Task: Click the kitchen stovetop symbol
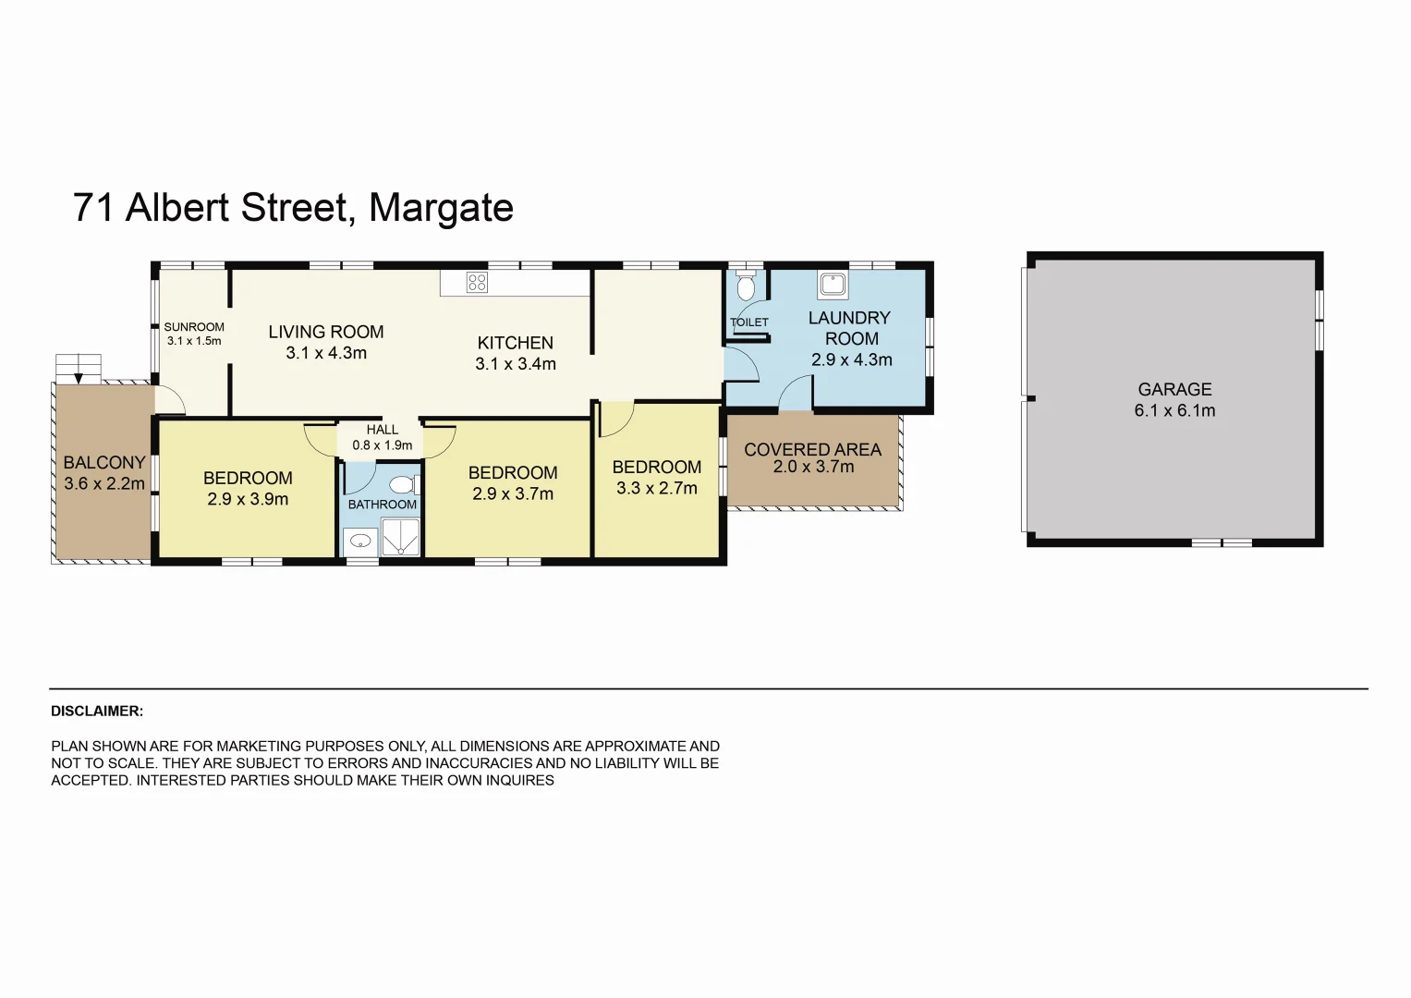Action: (477, 282)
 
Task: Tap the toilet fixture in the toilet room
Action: (746, 286)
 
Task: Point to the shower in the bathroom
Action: (401, 537)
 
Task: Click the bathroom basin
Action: (360, 541)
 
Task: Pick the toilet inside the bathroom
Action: (402, 484)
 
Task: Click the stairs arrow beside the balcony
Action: (79, 376)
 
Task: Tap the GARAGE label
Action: (1174, 389)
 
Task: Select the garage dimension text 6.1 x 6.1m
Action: (1174, 410)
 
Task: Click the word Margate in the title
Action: (441, 208)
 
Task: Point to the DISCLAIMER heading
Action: (97, 711)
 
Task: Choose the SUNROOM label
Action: (194, 327)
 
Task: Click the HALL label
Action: (382, 430)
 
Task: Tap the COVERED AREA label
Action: (812, 450)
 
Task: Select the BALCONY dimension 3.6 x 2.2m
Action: (104, 483)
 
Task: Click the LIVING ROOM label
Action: (326, 332)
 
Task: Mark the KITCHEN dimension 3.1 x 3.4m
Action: (516, 364)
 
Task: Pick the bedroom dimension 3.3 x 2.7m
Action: (657, 488)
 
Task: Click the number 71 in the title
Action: (93, 208)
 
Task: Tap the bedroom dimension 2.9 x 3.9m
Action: (248, 499)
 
